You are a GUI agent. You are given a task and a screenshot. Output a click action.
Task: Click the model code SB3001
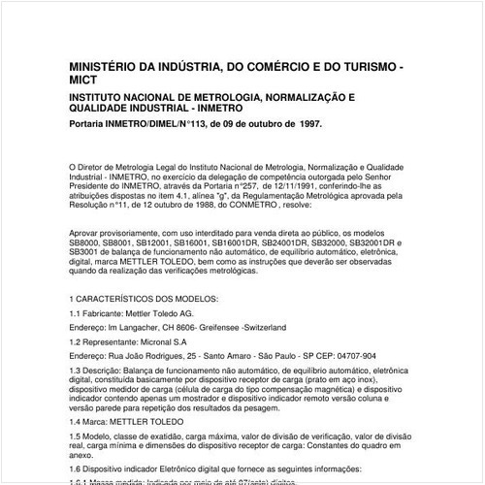click(88, 252)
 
